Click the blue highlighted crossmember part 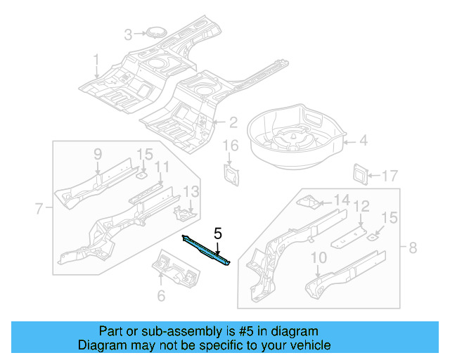207,250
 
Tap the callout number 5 218,233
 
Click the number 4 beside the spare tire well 363,141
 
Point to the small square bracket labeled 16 231,173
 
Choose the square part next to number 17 360,173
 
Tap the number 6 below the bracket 161,296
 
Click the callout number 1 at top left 96,59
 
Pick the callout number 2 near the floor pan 233,122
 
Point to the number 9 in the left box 98,153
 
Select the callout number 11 162,167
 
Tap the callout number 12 361,206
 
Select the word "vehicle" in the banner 311,345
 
